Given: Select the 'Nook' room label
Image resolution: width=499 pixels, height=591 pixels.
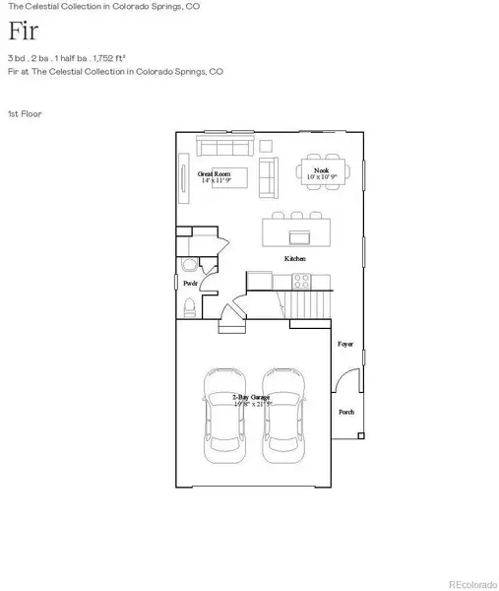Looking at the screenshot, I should pos(320,172).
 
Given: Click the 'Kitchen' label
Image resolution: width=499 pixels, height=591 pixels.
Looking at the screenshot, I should pos(294,258).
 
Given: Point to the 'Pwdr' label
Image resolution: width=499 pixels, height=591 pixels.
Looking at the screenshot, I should pos(190,282).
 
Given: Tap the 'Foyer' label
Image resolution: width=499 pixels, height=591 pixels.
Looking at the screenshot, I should pos(345,345).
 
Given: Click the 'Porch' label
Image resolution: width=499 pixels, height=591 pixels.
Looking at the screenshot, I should pos(346,412).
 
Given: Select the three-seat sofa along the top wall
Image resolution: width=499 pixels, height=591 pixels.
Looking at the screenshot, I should pos(223,147).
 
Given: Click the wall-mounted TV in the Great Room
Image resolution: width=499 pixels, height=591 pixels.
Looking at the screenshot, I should pos(181,180).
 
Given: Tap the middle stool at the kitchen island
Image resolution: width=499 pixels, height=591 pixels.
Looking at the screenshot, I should pos(294,215).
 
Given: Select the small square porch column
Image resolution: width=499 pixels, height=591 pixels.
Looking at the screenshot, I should pos(360,434).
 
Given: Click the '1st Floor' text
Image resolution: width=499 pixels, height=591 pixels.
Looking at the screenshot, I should pos(24,113).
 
